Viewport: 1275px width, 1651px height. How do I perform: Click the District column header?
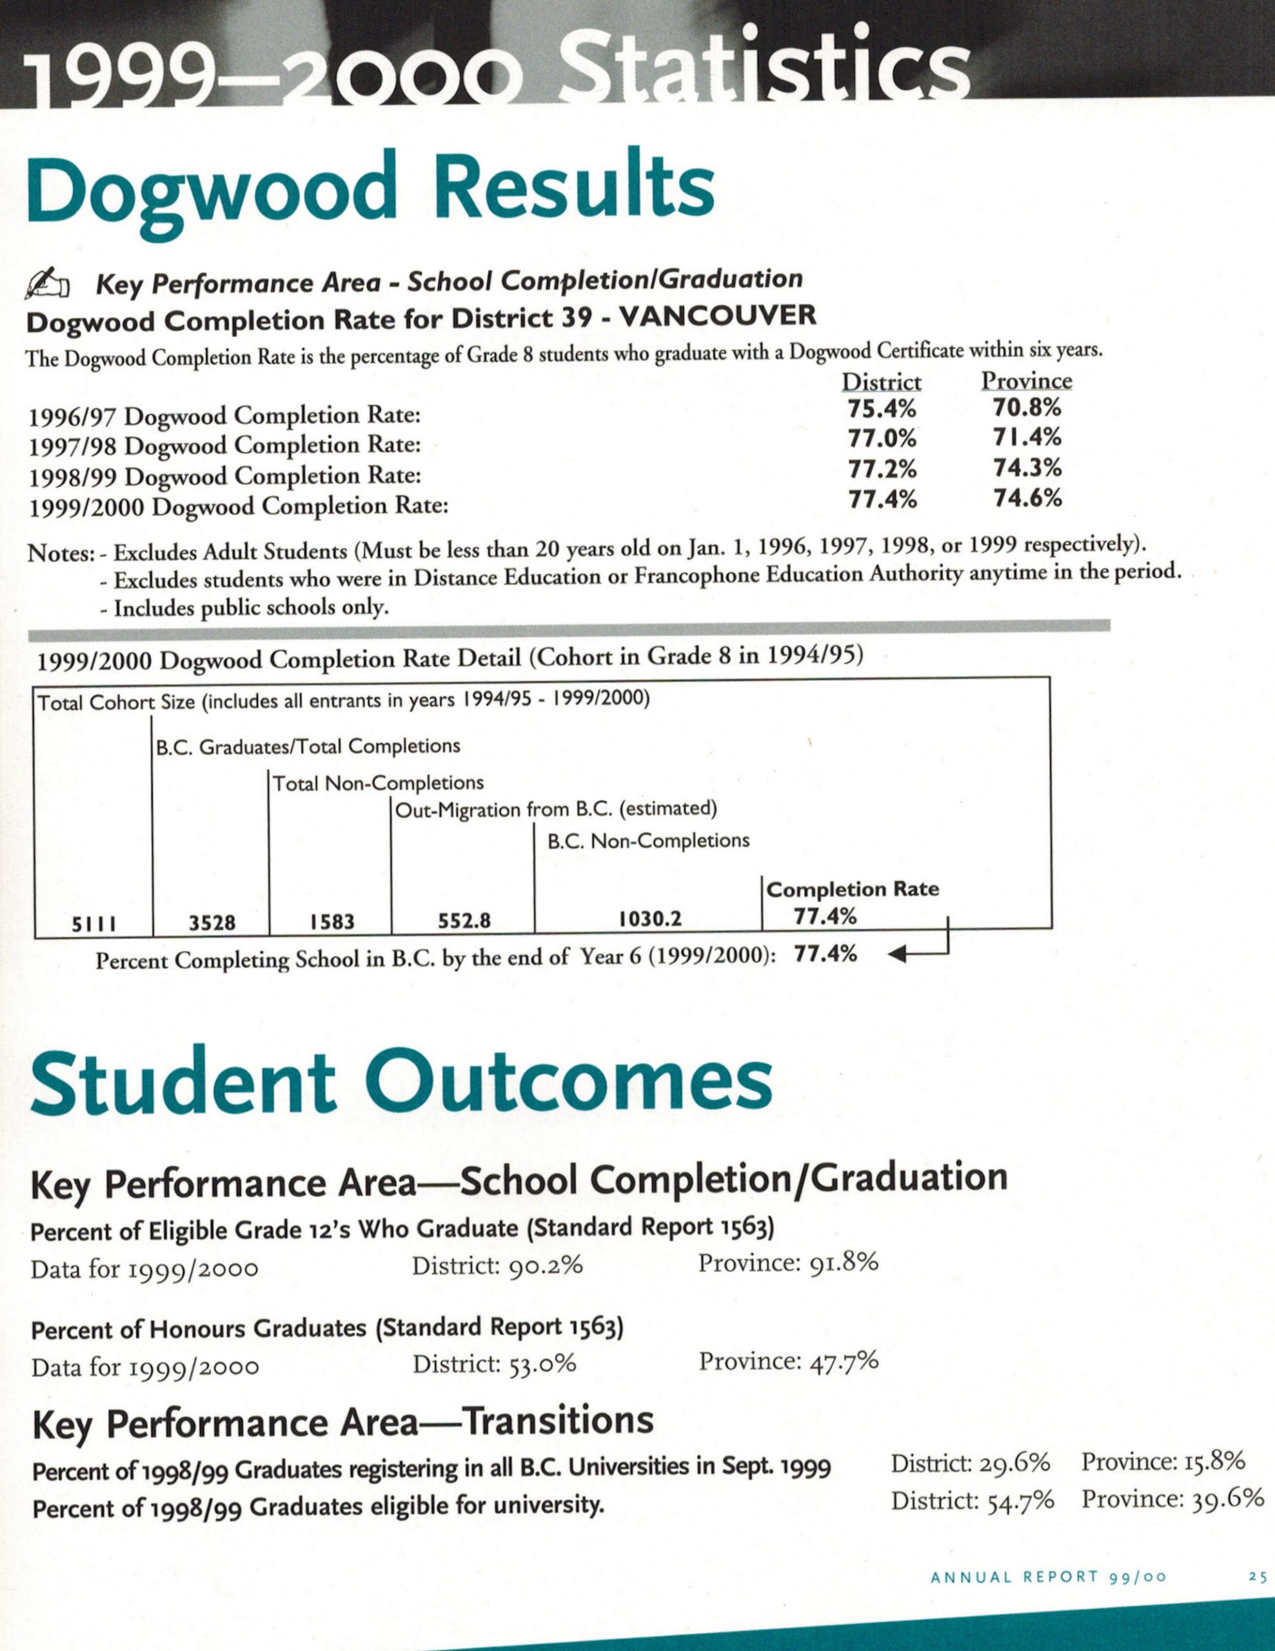882,382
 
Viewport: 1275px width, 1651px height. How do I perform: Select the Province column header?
1026,381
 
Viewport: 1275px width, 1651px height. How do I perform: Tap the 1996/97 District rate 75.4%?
882,410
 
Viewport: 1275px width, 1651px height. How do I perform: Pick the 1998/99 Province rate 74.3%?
1027,468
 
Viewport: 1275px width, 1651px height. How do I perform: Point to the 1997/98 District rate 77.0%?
882,439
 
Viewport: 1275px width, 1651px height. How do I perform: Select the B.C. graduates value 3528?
212,922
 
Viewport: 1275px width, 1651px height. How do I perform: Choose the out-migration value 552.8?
464,921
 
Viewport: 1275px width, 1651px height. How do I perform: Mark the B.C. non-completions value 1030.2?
650,919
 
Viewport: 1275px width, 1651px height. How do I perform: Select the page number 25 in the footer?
1257,1577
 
